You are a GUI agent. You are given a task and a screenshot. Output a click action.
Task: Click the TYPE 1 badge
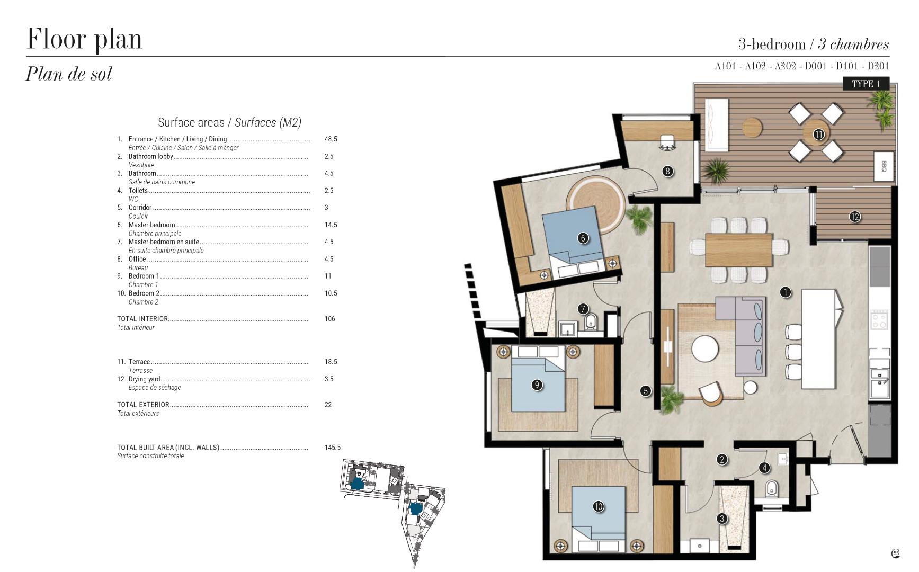(x=866, y=84)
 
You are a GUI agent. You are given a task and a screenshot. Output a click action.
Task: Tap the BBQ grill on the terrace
(x=884, y=166)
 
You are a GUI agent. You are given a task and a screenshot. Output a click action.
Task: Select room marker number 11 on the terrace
(x=819, y=135)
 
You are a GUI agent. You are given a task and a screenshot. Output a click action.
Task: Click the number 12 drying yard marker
(x=854, y=217)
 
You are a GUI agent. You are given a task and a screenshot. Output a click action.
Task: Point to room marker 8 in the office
(x=667, y=171)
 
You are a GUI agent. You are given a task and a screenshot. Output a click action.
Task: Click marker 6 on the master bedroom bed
(x=583, y=238)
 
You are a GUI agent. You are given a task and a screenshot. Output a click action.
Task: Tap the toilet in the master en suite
(x=591, y=321)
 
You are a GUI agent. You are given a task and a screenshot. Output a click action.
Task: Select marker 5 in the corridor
(x=645, y=391)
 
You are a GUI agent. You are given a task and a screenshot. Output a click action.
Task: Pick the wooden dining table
(x=739, y=250)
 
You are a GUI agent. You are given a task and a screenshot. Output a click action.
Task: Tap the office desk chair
(x=666, y=142)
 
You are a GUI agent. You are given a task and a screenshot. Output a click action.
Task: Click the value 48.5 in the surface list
(x=331, y=139)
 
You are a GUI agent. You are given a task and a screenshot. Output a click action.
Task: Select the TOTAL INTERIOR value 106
(x=329, y=319)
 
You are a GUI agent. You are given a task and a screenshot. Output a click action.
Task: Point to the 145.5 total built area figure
(x=333, y=448)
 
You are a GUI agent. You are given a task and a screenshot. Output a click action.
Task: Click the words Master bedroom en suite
(x=164, y=242)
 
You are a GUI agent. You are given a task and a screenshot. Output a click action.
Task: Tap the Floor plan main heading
(x=84, y=39)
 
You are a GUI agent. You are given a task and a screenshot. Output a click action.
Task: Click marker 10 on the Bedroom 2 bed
(x=598, y=507)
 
